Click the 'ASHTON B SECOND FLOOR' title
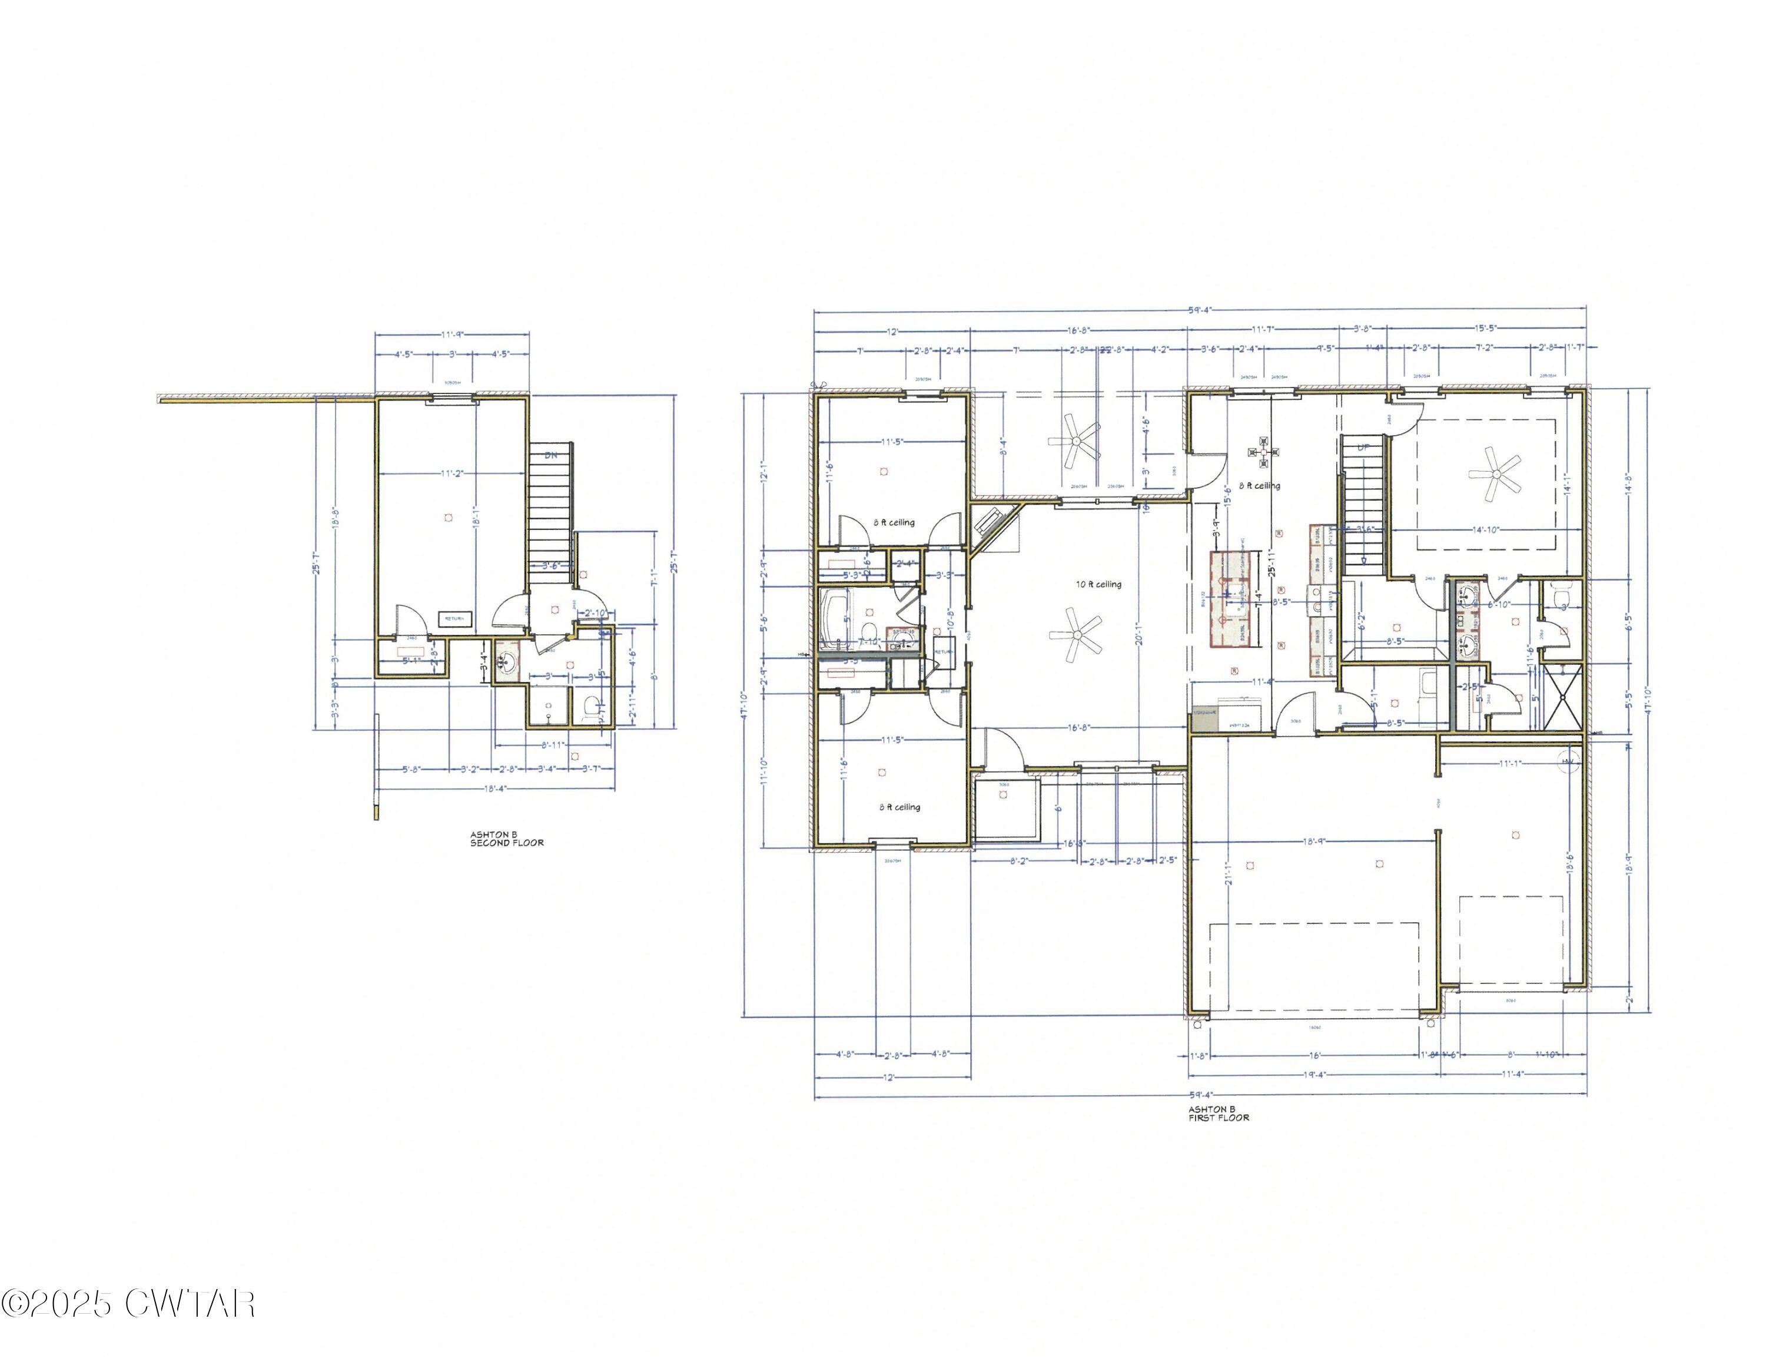click(x=506, y=839)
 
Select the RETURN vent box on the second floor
click(x=454, y=619)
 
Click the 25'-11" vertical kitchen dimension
click(x=1272, y=558)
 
